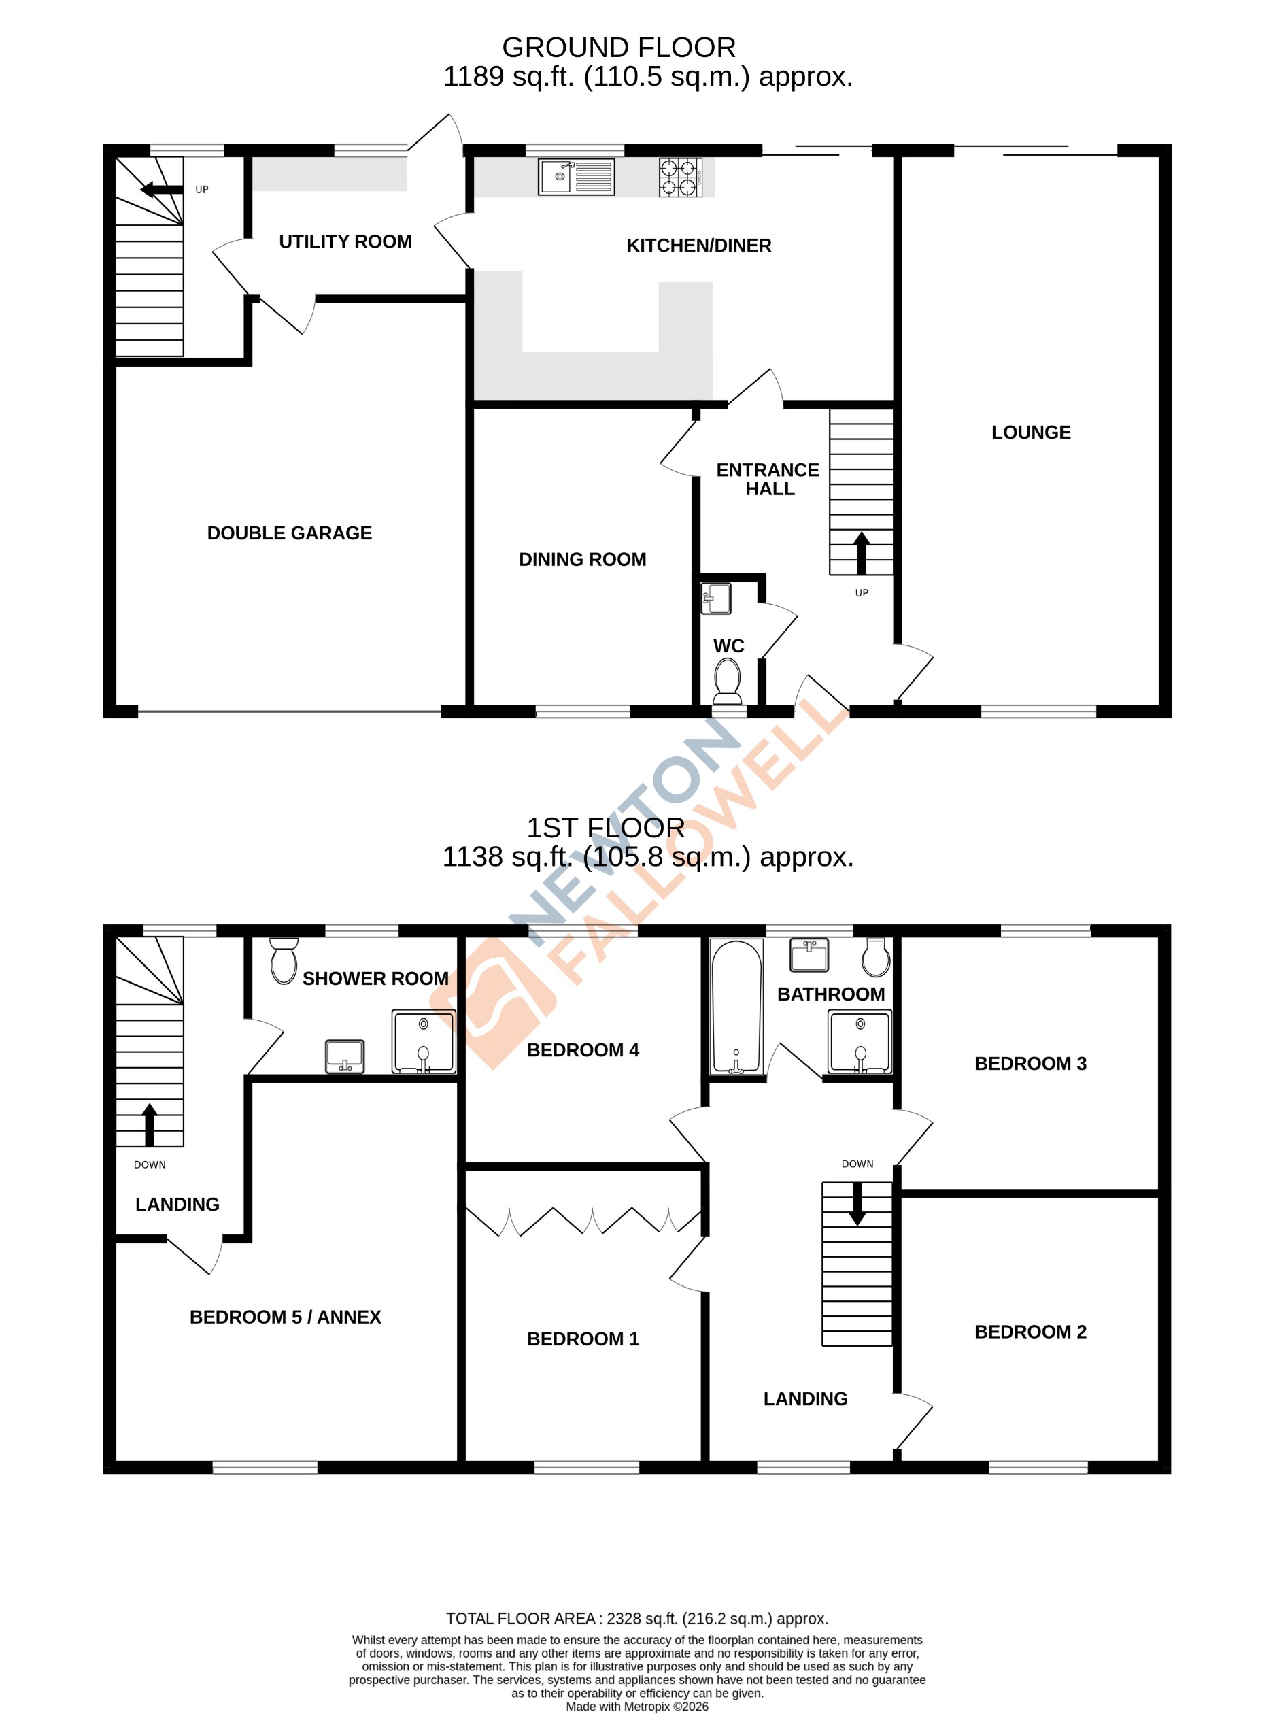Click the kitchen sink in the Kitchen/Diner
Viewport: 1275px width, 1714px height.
576,177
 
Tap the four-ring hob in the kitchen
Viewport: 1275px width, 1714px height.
680,177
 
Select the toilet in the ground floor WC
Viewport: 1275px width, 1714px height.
728,679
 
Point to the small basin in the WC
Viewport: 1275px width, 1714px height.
715,599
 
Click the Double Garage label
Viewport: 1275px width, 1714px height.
290,533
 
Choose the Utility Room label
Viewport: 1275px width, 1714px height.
345,241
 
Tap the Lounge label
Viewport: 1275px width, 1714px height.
1030,433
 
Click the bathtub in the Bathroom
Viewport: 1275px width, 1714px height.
736,1007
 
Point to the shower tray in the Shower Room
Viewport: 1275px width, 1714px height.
424,1041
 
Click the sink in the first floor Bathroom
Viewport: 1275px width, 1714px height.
809,954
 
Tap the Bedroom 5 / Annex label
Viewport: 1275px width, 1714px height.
286,1316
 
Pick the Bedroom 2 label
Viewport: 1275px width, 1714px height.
1030,1331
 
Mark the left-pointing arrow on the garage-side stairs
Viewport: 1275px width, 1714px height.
161,190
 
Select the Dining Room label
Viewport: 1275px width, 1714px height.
582,559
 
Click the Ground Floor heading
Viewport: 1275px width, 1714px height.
618,48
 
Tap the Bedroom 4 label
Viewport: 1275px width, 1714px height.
583,1049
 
